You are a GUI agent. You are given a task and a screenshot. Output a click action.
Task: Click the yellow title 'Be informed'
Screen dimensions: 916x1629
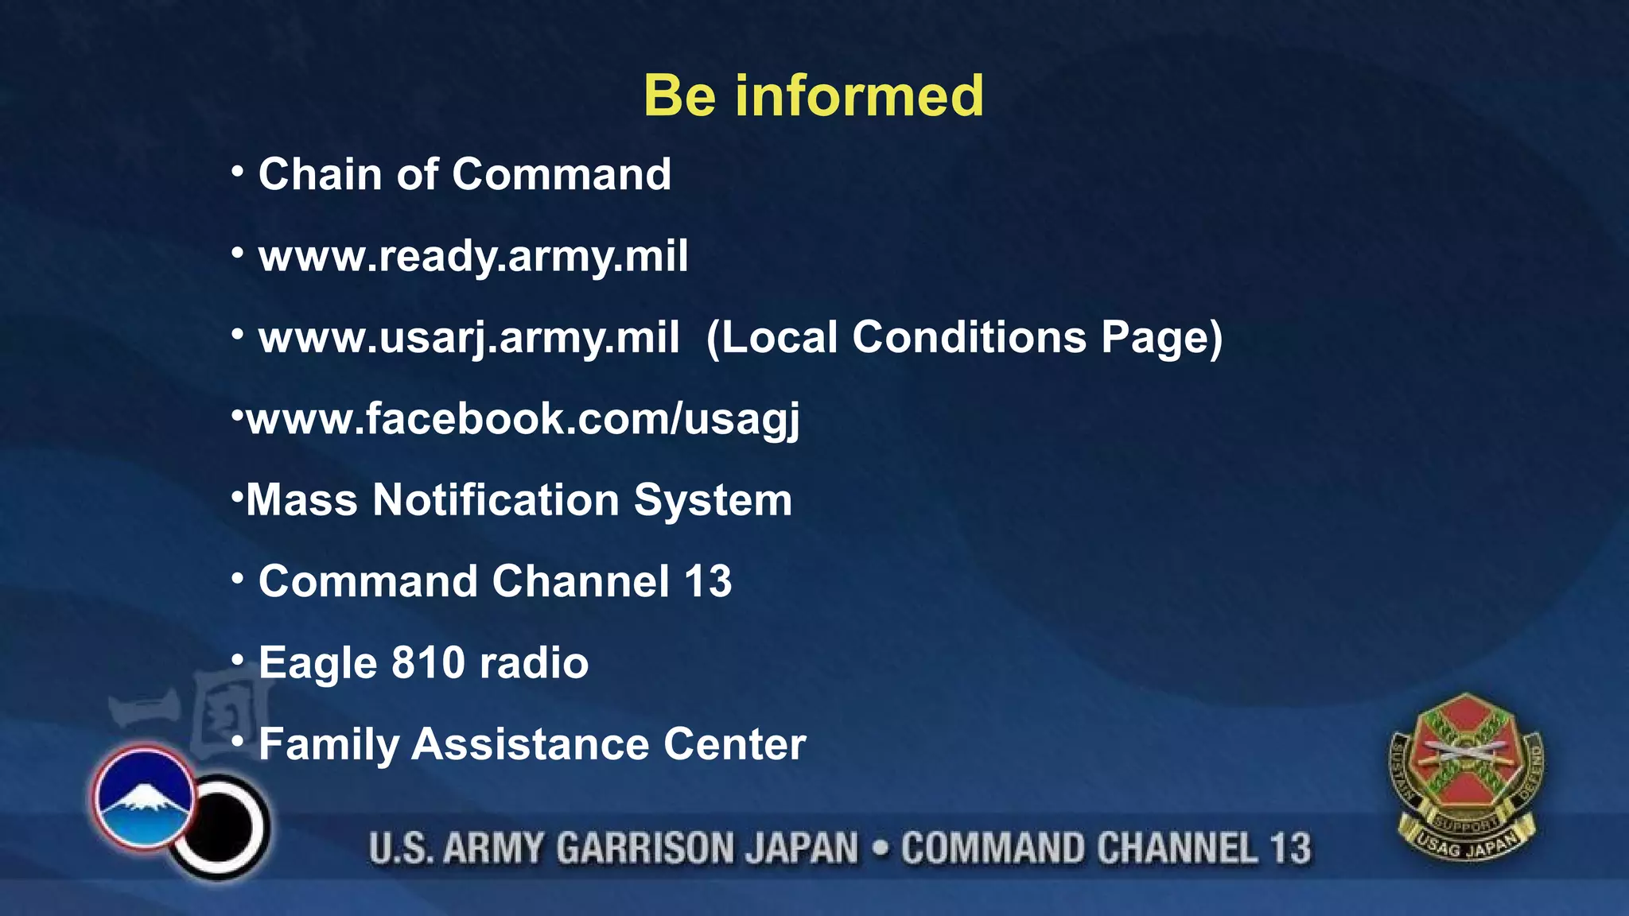(x=813, y=95)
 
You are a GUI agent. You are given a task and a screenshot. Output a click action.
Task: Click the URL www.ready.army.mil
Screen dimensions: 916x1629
(x=473, y=256)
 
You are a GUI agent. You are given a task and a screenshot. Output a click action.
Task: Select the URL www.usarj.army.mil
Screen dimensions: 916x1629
(x=468, y=338)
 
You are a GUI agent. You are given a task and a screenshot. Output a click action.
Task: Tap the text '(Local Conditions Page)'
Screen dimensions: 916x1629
(x=964, y=338)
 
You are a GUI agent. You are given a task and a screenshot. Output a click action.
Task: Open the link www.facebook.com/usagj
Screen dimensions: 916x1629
(x=523, y=419)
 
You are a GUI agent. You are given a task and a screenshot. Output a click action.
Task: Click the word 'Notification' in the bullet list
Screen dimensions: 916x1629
(x=496, y=501)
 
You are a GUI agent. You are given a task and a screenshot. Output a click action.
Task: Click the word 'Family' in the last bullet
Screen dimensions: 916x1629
(x=328, y=745)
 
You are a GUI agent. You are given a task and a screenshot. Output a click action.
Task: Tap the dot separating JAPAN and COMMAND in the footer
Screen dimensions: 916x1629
(x=880, y=848)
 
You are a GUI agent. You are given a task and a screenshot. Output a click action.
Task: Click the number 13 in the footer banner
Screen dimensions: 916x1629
(x=1289, y=848)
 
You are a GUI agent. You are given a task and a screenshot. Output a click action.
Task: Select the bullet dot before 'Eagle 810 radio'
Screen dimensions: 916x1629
(x=237, y=659)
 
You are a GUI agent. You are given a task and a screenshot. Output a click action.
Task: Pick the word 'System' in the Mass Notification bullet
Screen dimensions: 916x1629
(x=713, y=501)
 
